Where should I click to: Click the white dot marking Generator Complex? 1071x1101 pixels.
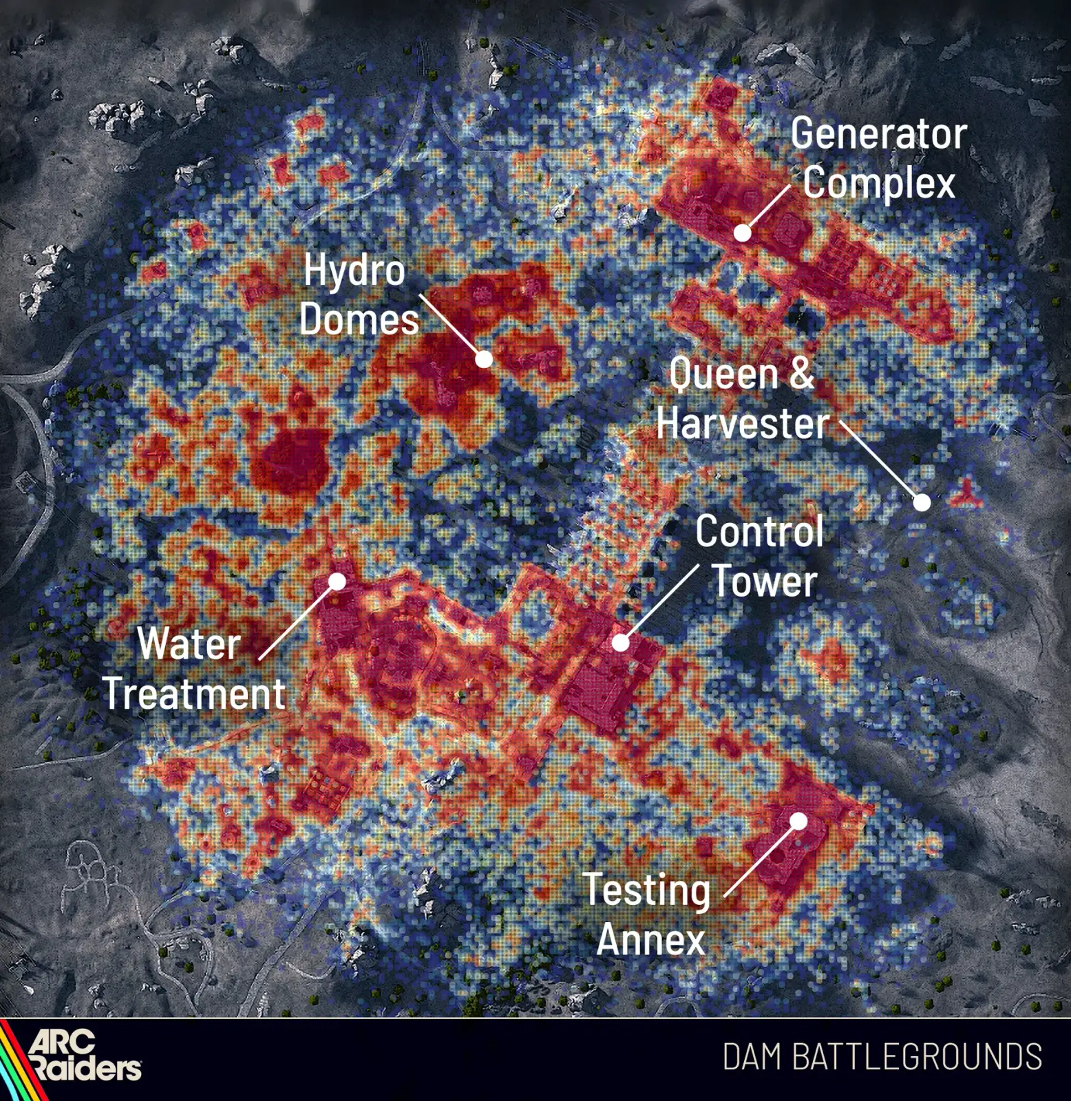click(x=742, y=233)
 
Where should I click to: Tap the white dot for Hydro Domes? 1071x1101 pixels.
click(x=484, y=359)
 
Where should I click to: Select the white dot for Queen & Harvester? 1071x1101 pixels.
click(x=922, y=502)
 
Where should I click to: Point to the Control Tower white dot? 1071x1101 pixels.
click(x=620, y=642)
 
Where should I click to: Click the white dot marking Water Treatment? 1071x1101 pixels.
click(x=337, y=581)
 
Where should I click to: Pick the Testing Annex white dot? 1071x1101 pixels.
click(x=798, y=821)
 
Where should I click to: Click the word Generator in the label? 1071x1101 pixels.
click(x=878, y=133)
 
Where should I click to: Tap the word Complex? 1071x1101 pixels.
click(x=879, y=183)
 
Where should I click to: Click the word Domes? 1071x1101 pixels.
click(x=359, y=320)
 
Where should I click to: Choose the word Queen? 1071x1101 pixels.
click(x=723, y=374)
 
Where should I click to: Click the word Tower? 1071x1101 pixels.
click(x=764, y=581)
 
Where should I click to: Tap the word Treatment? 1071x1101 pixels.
click(x=194, y=693)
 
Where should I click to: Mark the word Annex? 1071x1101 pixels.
click(x=650, y=939)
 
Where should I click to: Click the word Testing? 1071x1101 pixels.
click(x=646, y=890)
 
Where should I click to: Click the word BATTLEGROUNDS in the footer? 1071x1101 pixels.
click(x=917, y=1056)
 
